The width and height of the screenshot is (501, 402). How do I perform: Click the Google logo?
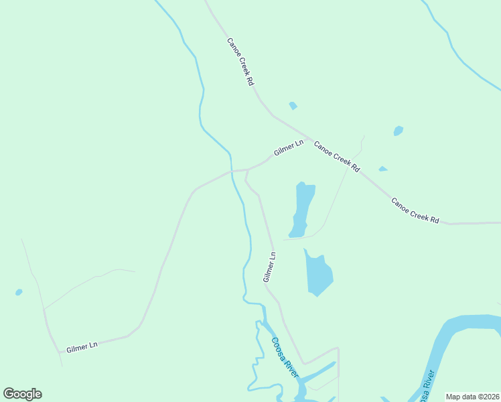(x=22, y=394)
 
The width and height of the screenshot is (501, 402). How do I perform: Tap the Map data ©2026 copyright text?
(x=473, y=397)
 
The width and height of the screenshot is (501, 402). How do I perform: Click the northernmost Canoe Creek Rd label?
(x=240, y=61)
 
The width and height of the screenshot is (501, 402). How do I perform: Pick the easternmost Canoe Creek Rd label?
(x=415, y=210)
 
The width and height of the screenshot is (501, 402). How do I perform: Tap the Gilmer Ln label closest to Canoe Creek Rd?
(x=289, y=148)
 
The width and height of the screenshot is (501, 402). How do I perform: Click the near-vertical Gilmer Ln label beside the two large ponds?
(x=269, y=267)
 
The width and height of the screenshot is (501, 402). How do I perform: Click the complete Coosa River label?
(x=285, y=357)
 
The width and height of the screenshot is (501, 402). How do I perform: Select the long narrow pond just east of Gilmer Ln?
(x=302, y=208)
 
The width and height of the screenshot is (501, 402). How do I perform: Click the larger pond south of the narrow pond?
(x=319, y=273)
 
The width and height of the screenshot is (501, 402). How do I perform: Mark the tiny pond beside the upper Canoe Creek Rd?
(x=293, y=106)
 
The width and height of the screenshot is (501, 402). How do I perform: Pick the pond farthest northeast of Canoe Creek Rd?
(x=399, y=131)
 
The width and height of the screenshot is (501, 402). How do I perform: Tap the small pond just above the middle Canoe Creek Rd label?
(x=382, y=169)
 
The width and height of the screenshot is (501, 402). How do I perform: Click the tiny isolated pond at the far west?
(x=19, y=292)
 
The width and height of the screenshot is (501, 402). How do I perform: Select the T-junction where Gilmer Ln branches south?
(x=248, y=170)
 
